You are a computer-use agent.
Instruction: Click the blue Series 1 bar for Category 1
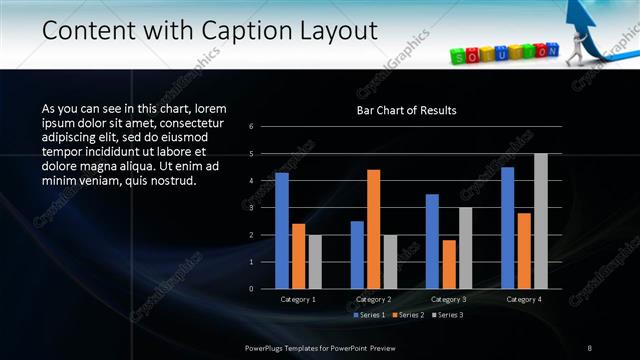click(x=282, y=230)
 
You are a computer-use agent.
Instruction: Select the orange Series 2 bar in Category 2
click(x=373, y=229)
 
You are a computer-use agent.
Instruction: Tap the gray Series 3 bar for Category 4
click(x=540, y=221)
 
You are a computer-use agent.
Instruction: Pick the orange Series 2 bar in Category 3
click(x=448, y=264)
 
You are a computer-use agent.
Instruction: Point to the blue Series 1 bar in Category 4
click(x=508, y=227)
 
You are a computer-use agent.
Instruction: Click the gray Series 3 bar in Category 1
click(x=315, y=261)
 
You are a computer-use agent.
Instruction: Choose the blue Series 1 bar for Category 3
click(x=432, y=241)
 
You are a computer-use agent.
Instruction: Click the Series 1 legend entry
click(x=369, y=315)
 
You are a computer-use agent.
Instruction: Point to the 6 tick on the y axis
click(x=252, y=126)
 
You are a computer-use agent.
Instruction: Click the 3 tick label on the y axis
click(x=252, y=207)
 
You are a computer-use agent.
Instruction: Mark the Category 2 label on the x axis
click(x=373, y=299)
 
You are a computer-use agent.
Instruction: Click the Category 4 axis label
click(x=524, y=299)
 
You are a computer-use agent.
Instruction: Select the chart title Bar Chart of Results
click(x=406, y=111)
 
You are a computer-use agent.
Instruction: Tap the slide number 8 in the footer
click(x=590, y=347)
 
